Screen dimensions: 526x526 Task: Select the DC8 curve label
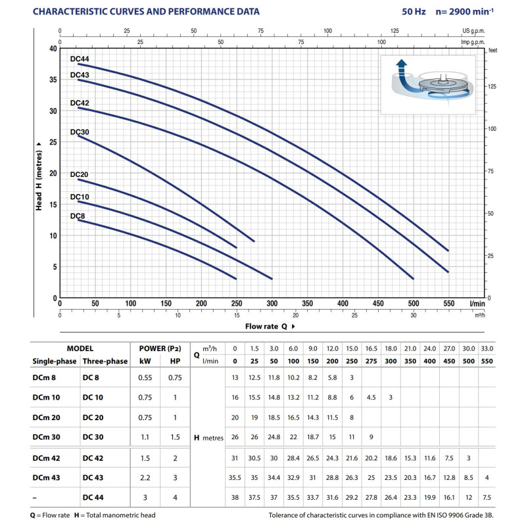[77, 216]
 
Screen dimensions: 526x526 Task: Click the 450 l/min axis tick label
[378, 304]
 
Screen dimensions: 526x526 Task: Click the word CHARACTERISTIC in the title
[71, 11]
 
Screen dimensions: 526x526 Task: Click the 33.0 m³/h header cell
[487, 348]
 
